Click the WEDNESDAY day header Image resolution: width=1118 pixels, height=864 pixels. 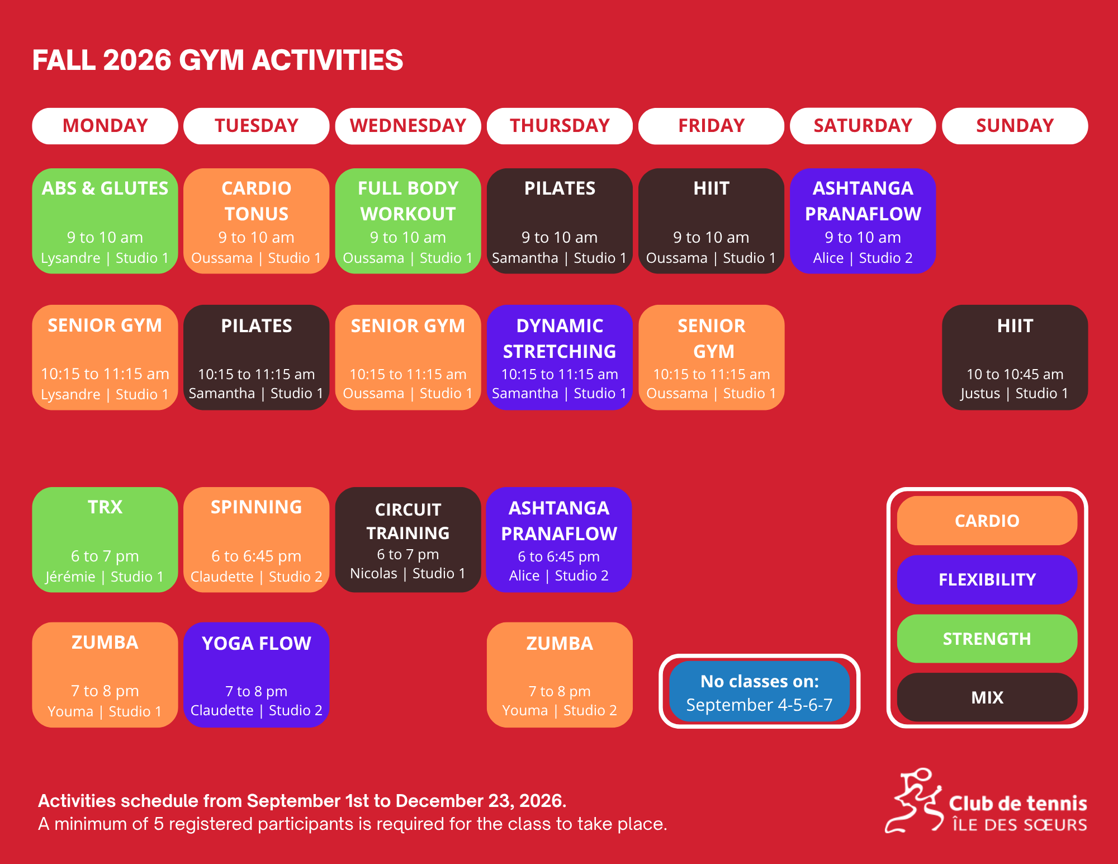tap(408, 126)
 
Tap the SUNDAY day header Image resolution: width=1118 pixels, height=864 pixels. tap(1015, 126)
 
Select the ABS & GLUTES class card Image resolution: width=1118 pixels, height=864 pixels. tap(105, 221)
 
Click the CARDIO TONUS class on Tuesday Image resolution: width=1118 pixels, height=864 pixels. tap(257, 221)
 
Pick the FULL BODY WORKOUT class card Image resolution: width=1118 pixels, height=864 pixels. tap(408, 221)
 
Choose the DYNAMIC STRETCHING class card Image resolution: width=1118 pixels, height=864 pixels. tap(560, 357)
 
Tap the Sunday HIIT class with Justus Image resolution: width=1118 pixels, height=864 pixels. tap(1015, 357)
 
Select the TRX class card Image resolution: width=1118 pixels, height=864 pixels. tap(105, 540)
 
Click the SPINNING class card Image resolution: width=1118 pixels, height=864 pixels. tap(257, 540)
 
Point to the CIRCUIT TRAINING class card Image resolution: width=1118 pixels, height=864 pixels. tap(408, 540)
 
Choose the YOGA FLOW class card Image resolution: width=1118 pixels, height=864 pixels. tap(257, 675)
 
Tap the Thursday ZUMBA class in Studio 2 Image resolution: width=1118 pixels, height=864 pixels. tap(560, 675)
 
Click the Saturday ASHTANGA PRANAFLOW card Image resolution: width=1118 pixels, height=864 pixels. tap(863, 221)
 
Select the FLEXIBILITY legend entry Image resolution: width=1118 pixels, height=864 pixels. tap(987, 579)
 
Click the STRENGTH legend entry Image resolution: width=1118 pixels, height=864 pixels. tap(987, 639)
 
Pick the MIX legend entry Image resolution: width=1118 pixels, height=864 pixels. tap(987, 697)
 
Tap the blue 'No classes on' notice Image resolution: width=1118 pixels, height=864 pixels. tap(759, 691)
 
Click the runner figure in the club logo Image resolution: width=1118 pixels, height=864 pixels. tap(912, 800)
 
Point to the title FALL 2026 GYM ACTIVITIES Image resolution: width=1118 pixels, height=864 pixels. tap(217, 60)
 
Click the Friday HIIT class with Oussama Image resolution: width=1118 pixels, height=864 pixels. tap(711, 221)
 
